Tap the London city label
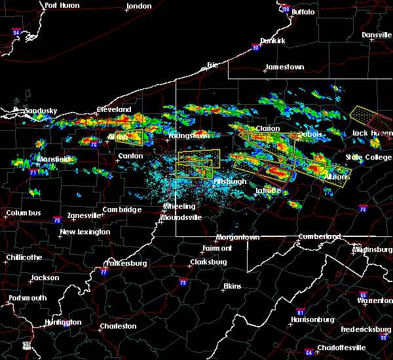[139, 6]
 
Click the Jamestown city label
[285, 67]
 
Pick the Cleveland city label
[114, 109]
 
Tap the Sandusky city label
[41, 111]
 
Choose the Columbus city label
[24, 213]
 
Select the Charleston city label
[118, 326]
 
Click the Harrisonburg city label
[313, 319]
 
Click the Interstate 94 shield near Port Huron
[16, 31]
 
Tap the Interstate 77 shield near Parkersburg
[103, 271]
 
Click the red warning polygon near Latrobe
[273, 173]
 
